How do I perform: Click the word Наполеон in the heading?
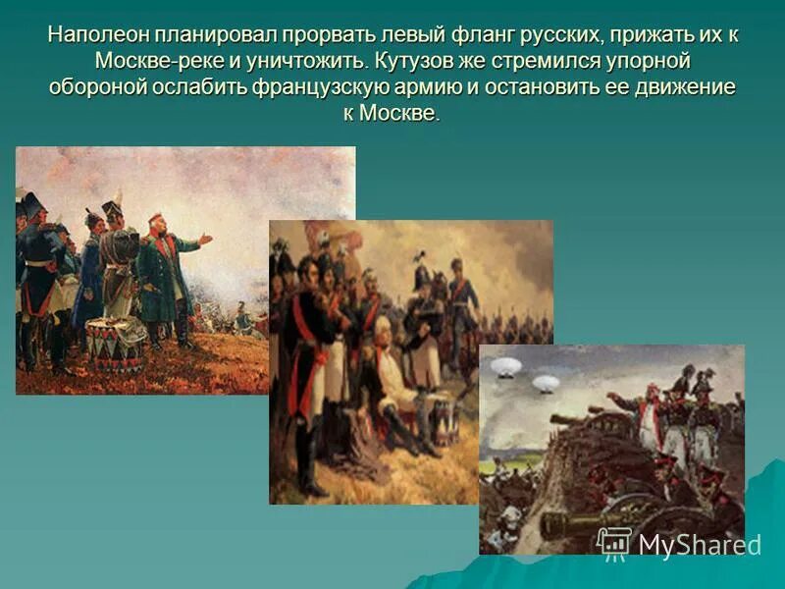94,34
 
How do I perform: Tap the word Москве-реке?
168,60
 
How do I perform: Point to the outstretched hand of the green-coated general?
204,238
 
